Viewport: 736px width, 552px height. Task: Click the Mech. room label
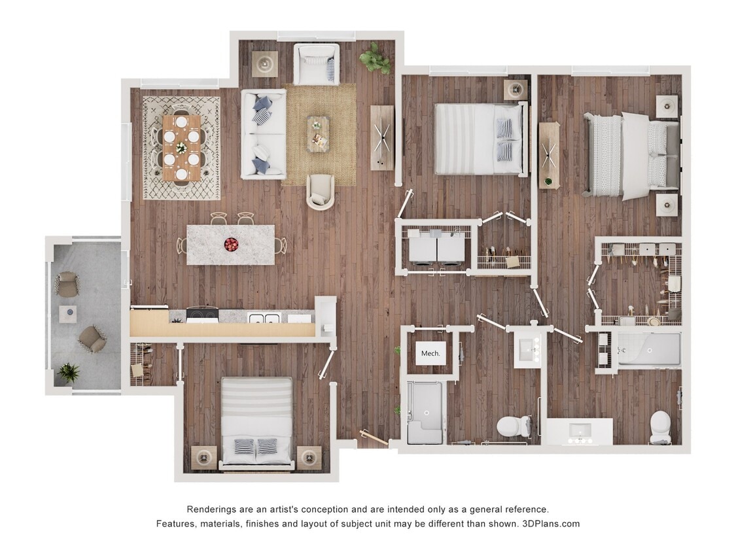(x=430, y=353)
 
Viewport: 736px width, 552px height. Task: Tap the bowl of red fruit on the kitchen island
(x=231, y=245)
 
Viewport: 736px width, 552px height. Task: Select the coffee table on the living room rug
(x=319, y=134)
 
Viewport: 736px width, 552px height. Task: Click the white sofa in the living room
(x=263, y=134)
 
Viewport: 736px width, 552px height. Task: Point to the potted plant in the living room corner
(x=376, y=59)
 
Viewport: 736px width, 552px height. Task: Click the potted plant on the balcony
(x=68, y=373)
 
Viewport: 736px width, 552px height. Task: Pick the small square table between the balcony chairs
(x=68, y=314)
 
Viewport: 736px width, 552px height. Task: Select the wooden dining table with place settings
(x=181, y=148)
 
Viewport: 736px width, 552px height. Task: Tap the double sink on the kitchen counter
(x=264, y=319)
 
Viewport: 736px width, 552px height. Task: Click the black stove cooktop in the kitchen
(x=203, y=315)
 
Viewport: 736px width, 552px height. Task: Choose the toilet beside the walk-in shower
(x=513, y=426)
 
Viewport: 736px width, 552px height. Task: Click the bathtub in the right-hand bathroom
(x=648, y=350)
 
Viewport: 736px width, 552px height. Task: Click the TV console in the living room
(x=382, y=137)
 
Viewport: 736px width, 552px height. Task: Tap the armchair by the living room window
(x=317, y=64)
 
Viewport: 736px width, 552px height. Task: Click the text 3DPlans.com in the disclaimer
(x=551, y=524)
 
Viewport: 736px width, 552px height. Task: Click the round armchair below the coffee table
(x=320, y=192)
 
